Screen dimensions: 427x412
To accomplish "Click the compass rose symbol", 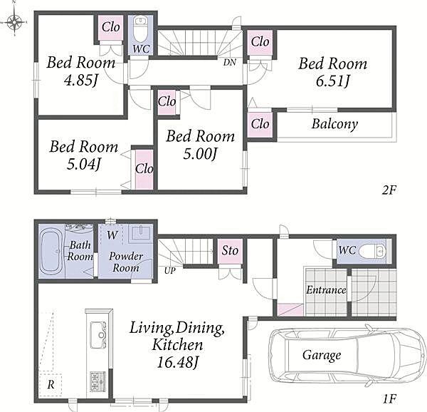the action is click(14, 21).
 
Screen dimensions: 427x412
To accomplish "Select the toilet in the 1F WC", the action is click(372, 251).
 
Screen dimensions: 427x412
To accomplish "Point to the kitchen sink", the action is click(98, 334).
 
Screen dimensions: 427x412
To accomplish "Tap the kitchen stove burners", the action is click(97, 381).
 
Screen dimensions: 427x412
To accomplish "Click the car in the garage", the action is click(347, 355).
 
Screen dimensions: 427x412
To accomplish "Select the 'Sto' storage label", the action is click(230, 250).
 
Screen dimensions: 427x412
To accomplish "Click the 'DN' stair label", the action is click(230, 63).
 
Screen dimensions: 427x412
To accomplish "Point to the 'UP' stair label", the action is click(170, 271).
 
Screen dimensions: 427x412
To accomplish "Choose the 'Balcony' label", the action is click(334, 124).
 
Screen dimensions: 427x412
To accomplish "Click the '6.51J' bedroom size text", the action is click(332, 81).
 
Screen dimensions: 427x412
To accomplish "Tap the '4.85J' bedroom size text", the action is click(80, 80).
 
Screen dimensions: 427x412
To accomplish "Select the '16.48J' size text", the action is click(177, 362).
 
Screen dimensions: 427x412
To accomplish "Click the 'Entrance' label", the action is click(326, 290).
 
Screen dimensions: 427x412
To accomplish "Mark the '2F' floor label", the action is click(389, 190).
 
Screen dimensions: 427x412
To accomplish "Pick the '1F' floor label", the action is click(389, 399).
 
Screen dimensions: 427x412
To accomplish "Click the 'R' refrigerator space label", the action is click(51, 385).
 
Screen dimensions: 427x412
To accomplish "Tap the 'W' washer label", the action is click(112, 235).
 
